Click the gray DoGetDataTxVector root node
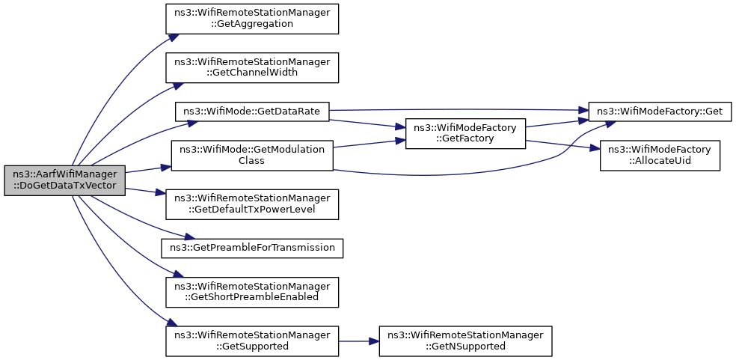click(65, 180)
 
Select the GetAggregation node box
click(252, 19)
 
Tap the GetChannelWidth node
click(252, 67)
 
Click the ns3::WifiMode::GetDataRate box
click(252, 112)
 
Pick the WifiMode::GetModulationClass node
click(252, 155)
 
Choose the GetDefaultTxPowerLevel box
click(252, 204)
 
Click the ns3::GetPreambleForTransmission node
click(252, 248)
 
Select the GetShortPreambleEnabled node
click(252, 293)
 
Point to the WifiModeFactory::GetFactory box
click(465, 133)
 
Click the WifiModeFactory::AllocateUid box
click(660, 155)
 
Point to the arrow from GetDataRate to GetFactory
click(367, 123)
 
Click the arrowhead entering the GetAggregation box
click(172, 37)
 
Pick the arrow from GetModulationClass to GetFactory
click(369, 144)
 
